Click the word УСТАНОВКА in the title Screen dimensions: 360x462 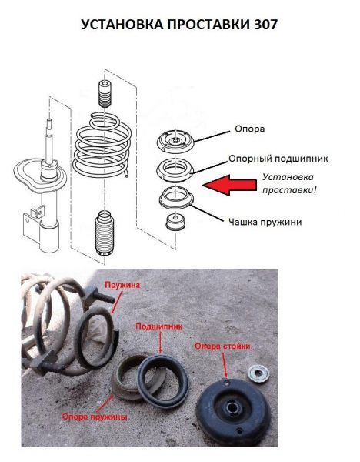click(122, 25)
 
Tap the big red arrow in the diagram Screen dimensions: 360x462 click(230, 185)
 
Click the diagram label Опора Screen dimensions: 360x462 click(250, 129)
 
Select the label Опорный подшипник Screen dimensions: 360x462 click(278, 159)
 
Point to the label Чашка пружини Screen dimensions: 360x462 click(265, 222)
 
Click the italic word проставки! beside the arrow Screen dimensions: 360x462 click(289, 190)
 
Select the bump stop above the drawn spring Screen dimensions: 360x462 click(105, 94)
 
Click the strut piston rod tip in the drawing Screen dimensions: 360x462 click(49, 121)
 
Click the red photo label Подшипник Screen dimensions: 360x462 click(159, 326)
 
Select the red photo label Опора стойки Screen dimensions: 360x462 click(222, 346)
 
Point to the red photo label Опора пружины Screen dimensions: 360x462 click(95, 417)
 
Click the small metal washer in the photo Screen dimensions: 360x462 click(258, 373)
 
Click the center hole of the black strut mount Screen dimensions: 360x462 click(232, 409)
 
